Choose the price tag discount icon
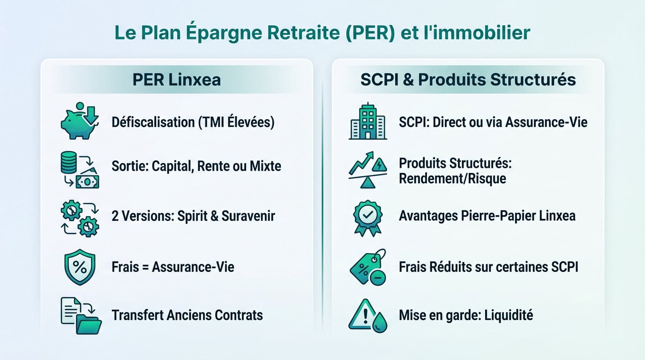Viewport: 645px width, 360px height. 367,267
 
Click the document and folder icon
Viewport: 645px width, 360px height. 81,315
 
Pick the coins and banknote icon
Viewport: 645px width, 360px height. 80,169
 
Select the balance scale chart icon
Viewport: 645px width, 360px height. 367,169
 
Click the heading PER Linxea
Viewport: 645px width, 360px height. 176,79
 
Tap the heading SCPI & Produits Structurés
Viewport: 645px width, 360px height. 468,79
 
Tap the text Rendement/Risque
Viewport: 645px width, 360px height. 452,179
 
